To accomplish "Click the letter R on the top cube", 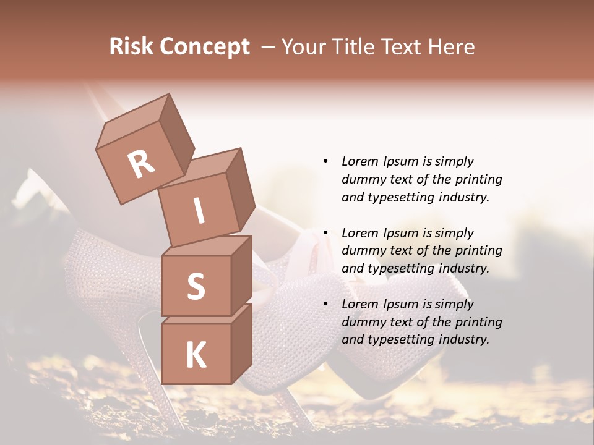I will [141, 164].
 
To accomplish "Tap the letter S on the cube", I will [196, 286].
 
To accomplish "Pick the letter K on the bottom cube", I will [196, 355].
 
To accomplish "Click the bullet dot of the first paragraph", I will [325, 161].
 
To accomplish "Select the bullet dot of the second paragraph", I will [325, 233].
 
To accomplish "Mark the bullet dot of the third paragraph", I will [325, 304].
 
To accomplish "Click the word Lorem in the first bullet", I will [359, 161].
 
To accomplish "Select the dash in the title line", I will [269, 47].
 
